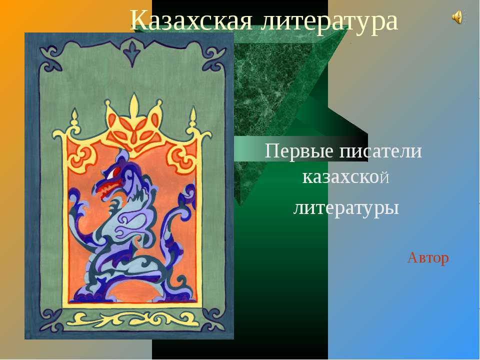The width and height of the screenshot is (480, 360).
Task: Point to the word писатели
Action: pos(380,150)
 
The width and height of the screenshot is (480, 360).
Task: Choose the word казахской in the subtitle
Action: pos(345,177)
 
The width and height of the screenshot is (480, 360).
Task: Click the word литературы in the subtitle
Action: pos(345,207)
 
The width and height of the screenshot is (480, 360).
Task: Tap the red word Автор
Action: pos(428,257)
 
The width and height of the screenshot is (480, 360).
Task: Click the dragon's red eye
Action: pos(116,171)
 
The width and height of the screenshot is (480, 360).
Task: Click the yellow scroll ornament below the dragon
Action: pos(133,319)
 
